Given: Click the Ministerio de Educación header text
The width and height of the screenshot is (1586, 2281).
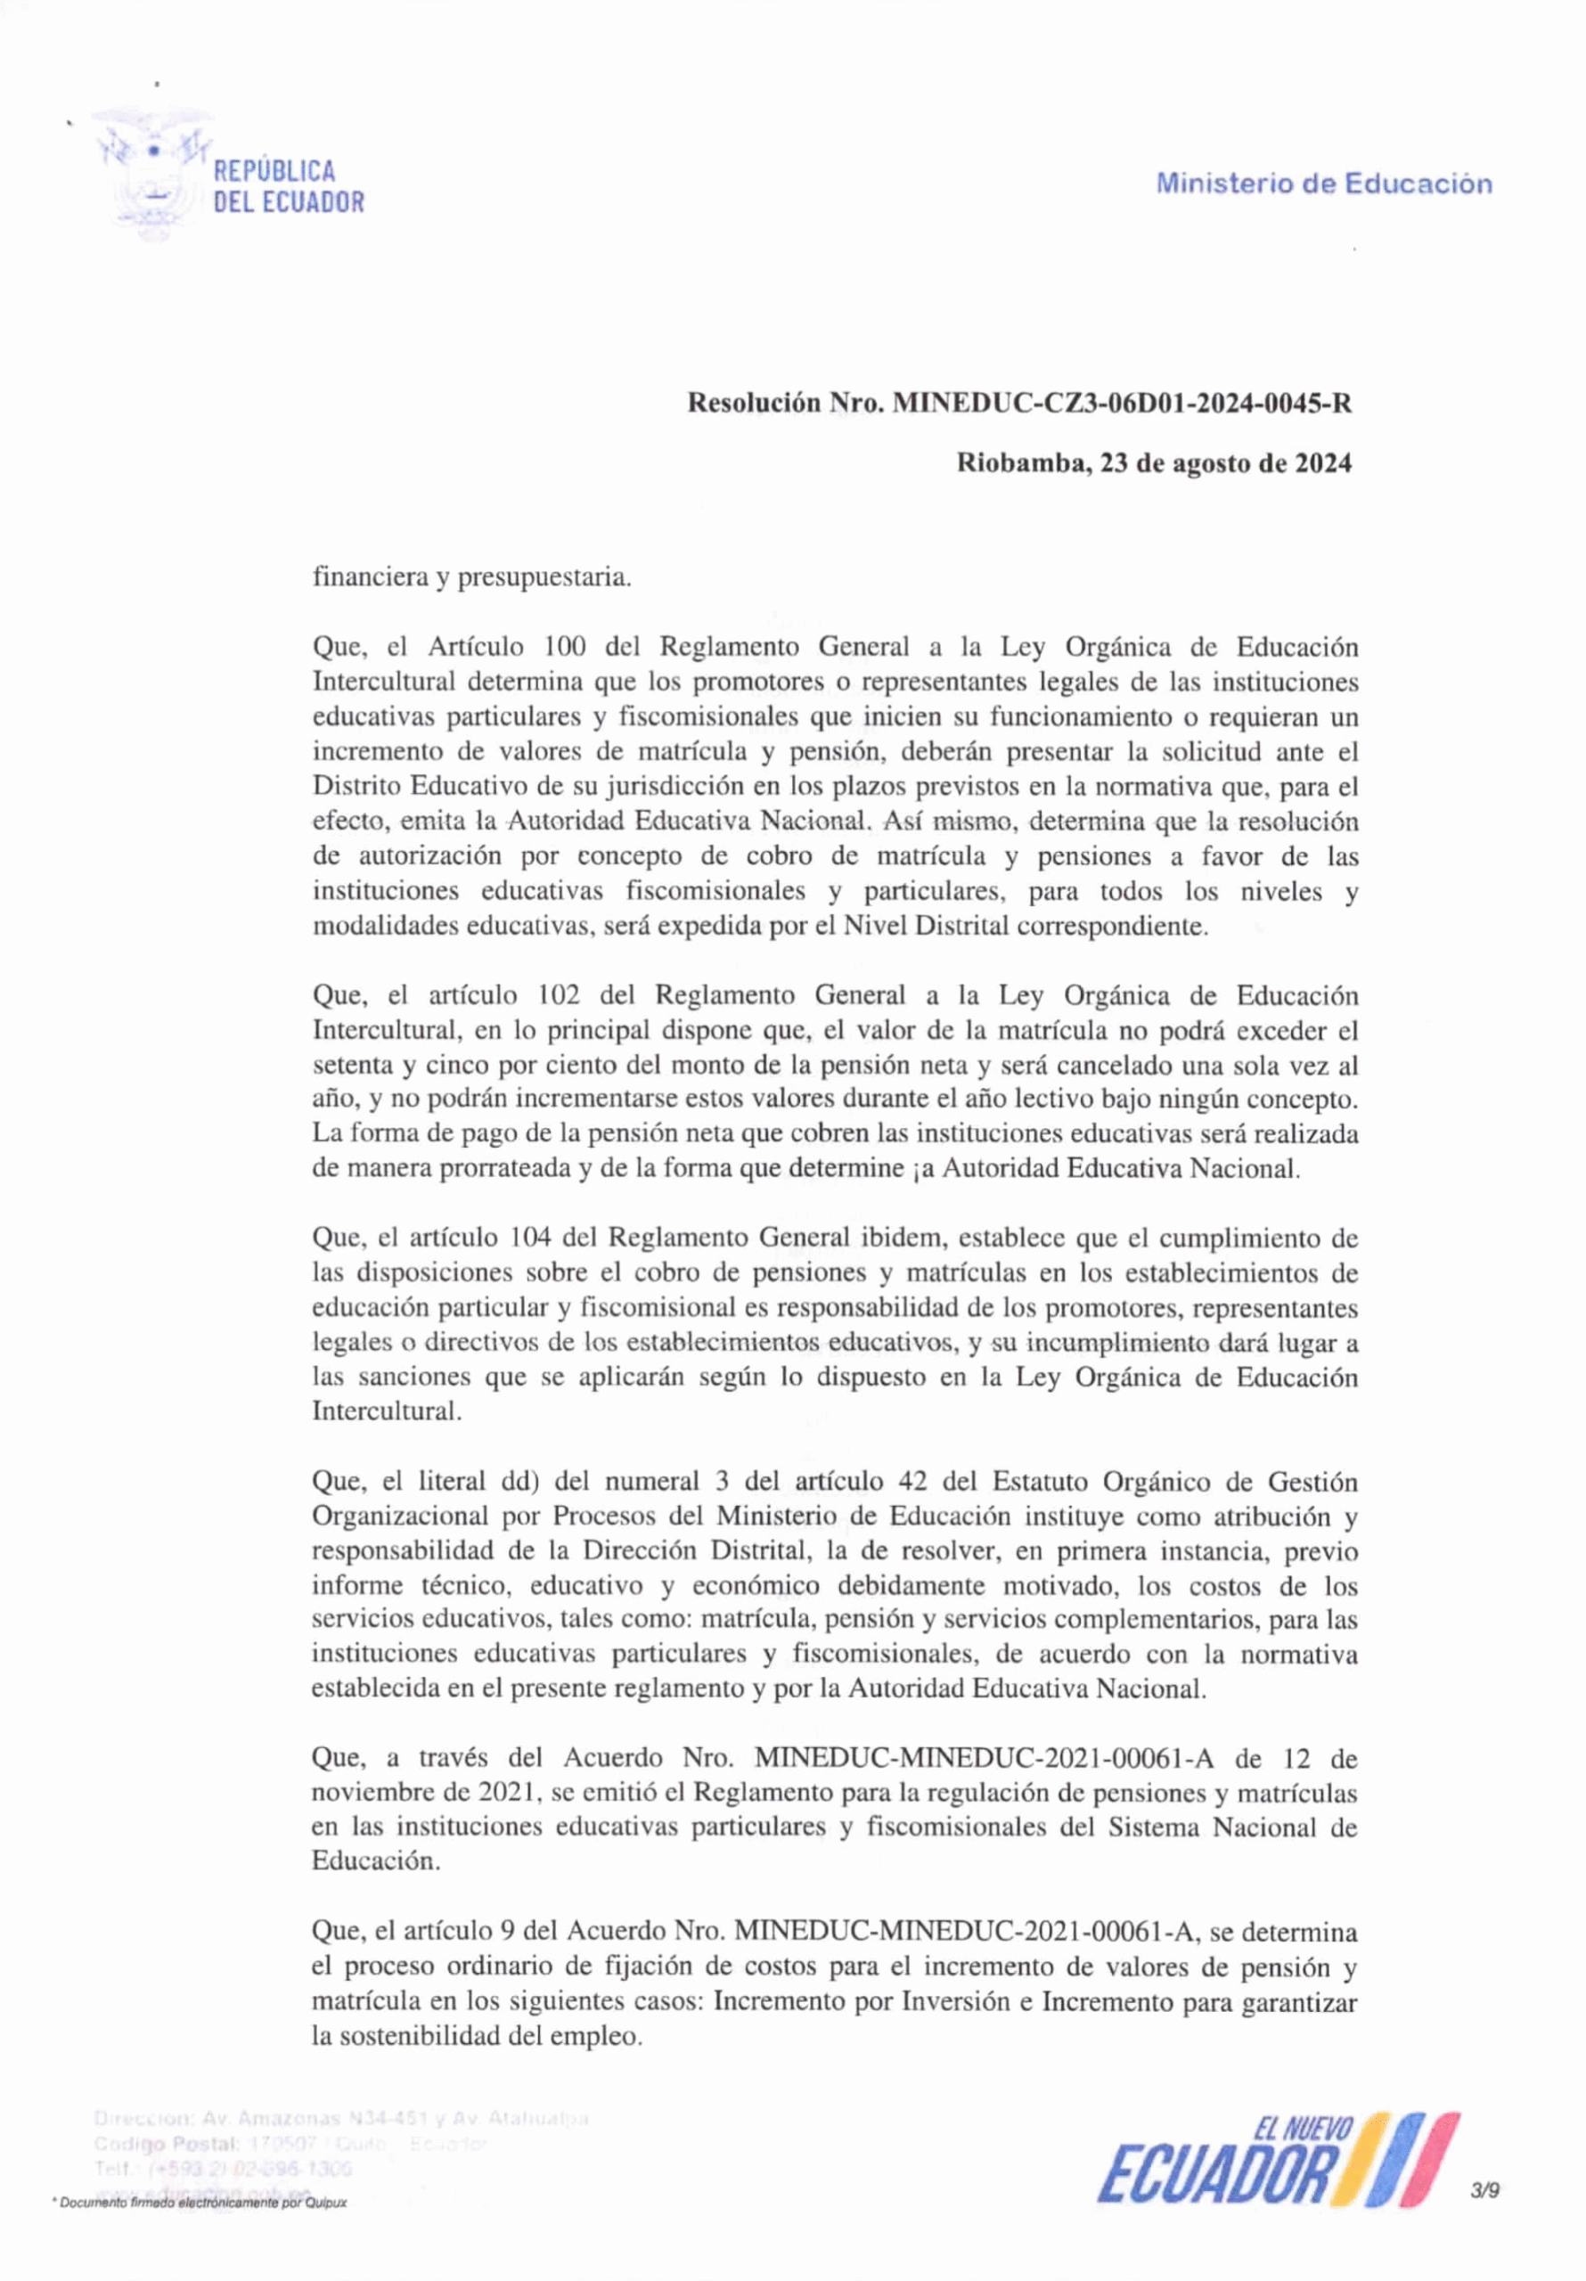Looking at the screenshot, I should coord(1324,184).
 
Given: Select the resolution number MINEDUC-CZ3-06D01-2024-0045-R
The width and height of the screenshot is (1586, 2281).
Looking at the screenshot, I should coord(1122,404).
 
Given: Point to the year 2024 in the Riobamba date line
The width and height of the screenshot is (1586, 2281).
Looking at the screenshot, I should coord(1321,463).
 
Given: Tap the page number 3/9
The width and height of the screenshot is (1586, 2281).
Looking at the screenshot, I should coord(1485,2189).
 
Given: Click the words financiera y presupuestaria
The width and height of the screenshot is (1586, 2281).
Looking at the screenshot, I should coord(472,577).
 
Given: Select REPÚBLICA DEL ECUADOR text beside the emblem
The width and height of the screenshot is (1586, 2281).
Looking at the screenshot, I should coord(288,187).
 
